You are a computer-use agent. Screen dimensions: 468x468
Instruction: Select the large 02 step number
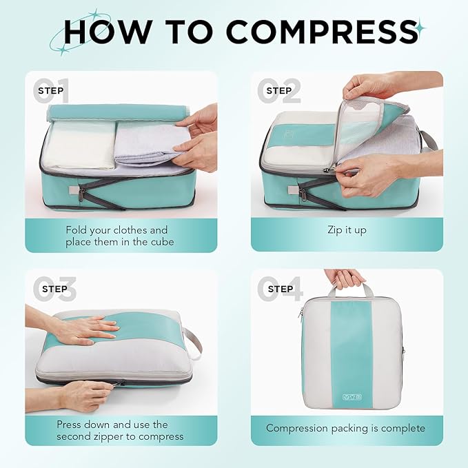280,90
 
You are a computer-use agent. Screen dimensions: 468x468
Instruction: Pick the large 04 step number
280,289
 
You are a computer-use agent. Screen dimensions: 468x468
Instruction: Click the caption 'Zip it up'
347,230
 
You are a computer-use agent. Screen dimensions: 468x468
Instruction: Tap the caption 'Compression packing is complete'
346,428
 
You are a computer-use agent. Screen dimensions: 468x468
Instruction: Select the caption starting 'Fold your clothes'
116,236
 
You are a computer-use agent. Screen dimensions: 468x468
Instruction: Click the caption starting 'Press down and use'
120,430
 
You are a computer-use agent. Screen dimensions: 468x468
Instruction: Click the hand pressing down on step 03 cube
86,330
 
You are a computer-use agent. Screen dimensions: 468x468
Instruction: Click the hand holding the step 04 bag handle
345,277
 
